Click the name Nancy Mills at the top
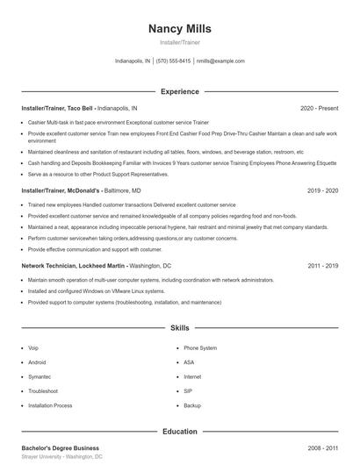(179, 28)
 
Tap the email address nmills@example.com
(220, 61)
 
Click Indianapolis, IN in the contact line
(133, 61)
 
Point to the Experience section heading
(179, 91)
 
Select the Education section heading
(179, 431)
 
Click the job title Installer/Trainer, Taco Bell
(58, 108)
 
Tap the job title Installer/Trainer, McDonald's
(62, 190)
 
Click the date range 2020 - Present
(319, 108)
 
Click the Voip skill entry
(33, 347)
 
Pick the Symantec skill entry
(40, 376)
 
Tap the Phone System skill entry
(200, 347)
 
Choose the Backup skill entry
(192, 405)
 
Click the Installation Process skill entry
(50, 405)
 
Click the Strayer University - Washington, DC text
(62, 457)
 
